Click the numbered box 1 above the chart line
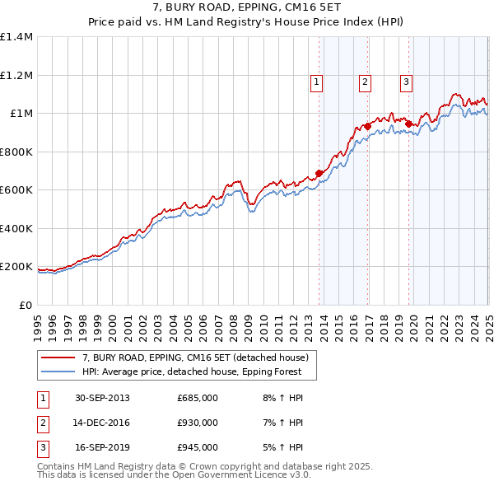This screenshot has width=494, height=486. (x=317, y=82)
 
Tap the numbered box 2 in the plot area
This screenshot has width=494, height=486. (x=365, y=82)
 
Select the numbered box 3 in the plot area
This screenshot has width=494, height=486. (x=407, y=82)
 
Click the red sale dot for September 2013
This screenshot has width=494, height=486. (x=319, y=174)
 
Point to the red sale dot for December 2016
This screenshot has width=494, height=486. (x=368, y=127)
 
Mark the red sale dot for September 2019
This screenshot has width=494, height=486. (x=408, y=124)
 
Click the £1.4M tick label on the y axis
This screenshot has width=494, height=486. (x=16, y=37)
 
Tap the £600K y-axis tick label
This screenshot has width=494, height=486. (x=16, y=190)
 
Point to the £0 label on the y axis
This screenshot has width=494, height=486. (x=25, y=305)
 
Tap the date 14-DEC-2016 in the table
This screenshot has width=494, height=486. (x=102, y=423)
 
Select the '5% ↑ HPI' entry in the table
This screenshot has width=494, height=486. (x=282, y=448)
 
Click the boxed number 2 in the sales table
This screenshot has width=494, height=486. (x=43, y=423)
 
